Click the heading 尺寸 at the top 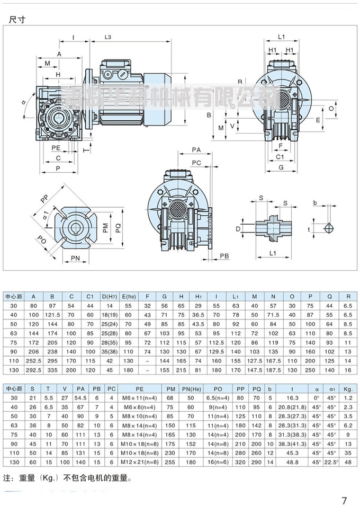point(17,20)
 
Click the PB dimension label point(224,256)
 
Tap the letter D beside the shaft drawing point(239,228)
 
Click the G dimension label point(281,167)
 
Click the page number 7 point(344,500)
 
